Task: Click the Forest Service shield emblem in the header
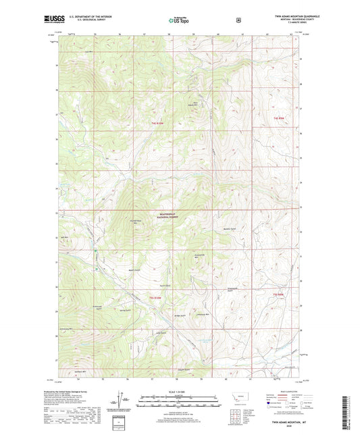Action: tap(237, 21)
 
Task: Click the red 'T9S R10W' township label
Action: tap(157, 124)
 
